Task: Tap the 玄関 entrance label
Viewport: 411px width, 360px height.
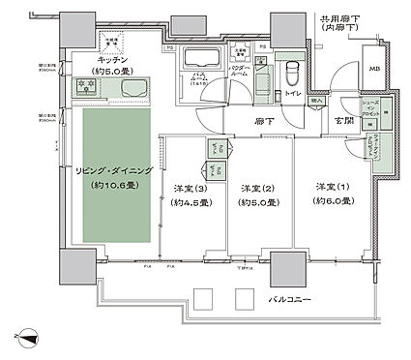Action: click(x=342, y=120)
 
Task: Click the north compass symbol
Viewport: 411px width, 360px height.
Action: click(x=32, y=338)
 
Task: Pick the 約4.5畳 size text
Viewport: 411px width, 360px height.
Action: click(x=192, y=203)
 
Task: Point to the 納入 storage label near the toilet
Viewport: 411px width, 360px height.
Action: click(x=317, y=101)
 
